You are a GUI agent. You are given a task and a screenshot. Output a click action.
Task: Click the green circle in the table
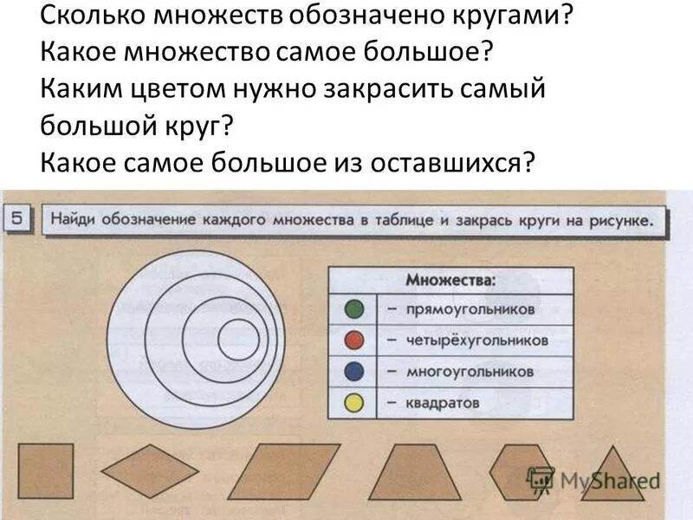pyautogui.click(x=354, y=309)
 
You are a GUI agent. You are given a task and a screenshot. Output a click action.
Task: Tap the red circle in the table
pyautogui.click(x=354, y=341)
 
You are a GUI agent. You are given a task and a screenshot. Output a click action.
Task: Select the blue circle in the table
pyautogui.click(x=354, y=372)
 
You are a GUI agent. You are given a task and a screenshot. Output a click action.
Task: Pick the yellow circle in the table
pyautogui.click(x=354, y=403)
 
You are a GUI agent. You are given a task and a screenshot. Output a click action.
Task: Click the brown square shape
pyautogui.click(x=46, y=471)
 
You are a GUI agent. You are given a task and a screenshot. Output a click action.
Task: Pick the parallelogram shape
pyautogui.click(x=284, y=471)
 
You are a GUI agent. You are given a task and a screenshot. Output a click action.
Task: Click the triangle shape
pyautogui.click(x=612, y=478)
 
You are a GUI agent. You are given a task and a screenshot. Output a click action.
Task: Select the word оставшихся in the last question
pyautogui.click(x=451, y=162)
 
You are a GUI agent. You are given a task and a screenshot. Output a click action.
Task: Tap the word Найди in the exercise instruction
pyautogui.click(x=74, y=219)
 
